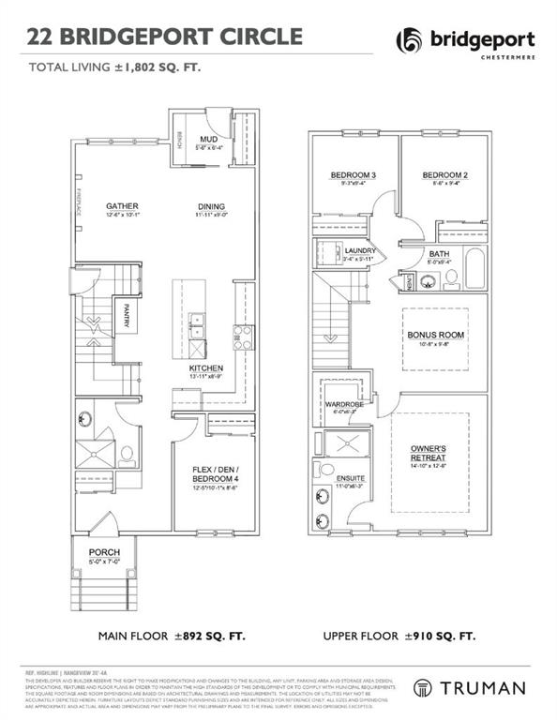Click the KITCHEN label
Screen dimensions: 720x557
tap(205, 368)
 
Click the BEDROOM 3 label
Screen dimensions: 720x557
tap(354, 175)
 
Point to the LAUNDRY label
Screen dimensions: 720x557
tap(359, 251)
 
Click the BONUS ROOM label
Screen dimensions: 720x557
tap(436, 335)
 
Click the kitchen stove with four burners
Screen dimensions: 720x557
tap(242, 337)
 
